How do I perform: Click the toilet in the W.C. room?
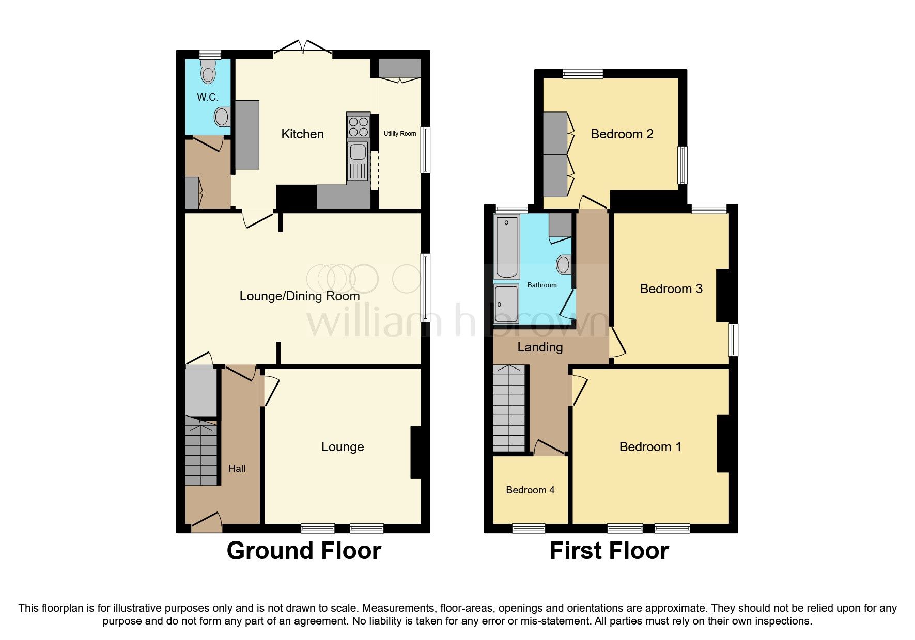208,72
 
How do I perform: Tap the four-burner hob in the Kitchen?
358,126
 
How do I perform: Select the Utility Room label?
399,134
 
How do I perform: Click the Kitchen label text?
302,134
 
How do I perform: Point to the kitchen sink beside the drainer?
358,152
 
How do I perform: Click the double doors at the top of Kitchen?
303,47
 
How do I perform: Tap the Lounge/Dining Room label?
299,296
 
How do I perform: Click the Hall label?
237,468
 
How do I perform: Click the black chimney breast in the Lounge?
416,452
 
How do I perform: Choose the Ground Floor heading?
303,551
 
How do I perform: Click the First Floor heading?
609,551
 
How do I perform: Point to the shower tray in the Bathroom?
506,304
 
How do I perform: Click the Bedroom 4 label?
530,490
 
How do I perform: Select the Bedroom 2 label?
622,134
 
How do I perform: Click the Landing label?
540,347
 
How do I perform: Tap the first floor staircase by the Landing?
509,408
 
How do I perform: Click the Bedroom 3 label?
671,289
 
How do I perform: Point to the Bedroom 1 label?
650,447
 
